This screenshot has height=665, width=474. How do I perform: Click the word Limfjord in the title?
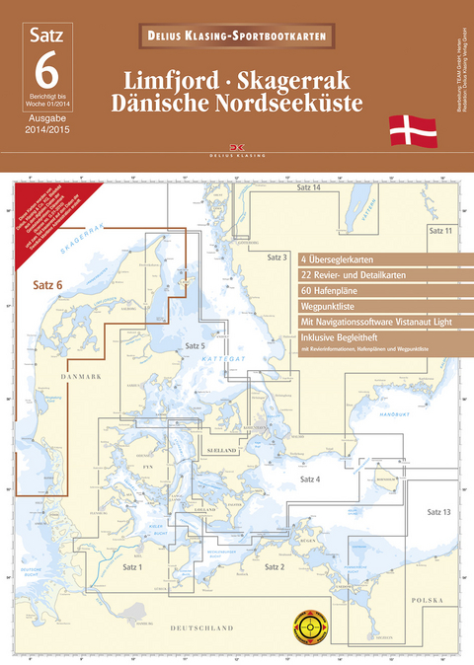point(182,78)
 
